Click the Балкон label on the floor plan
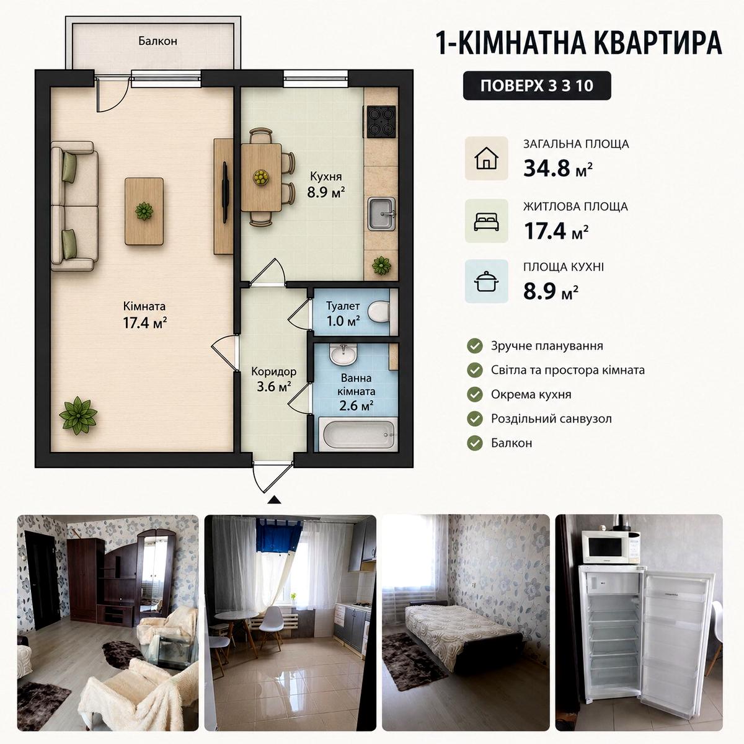(157, 40)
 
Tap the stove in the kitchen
(381, 122)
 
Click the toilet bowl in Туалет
(378, 312)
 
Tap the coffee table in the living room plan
(144, 211)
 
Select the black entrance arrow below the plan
(274, 500)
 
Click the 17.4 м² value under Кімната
(145, 323)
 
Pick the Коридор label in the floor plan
(274, 371)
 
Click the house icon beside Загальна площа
(486, 158)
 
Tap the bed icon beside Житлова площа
(486, 221)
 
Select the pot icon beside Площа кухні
(486, 281)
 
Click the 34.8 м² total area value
(558, 168)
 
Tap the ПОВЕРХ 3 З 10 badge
(537, 86)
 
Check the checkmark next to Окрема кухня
(475, 394)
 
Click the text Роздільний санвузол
(551, 418)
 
